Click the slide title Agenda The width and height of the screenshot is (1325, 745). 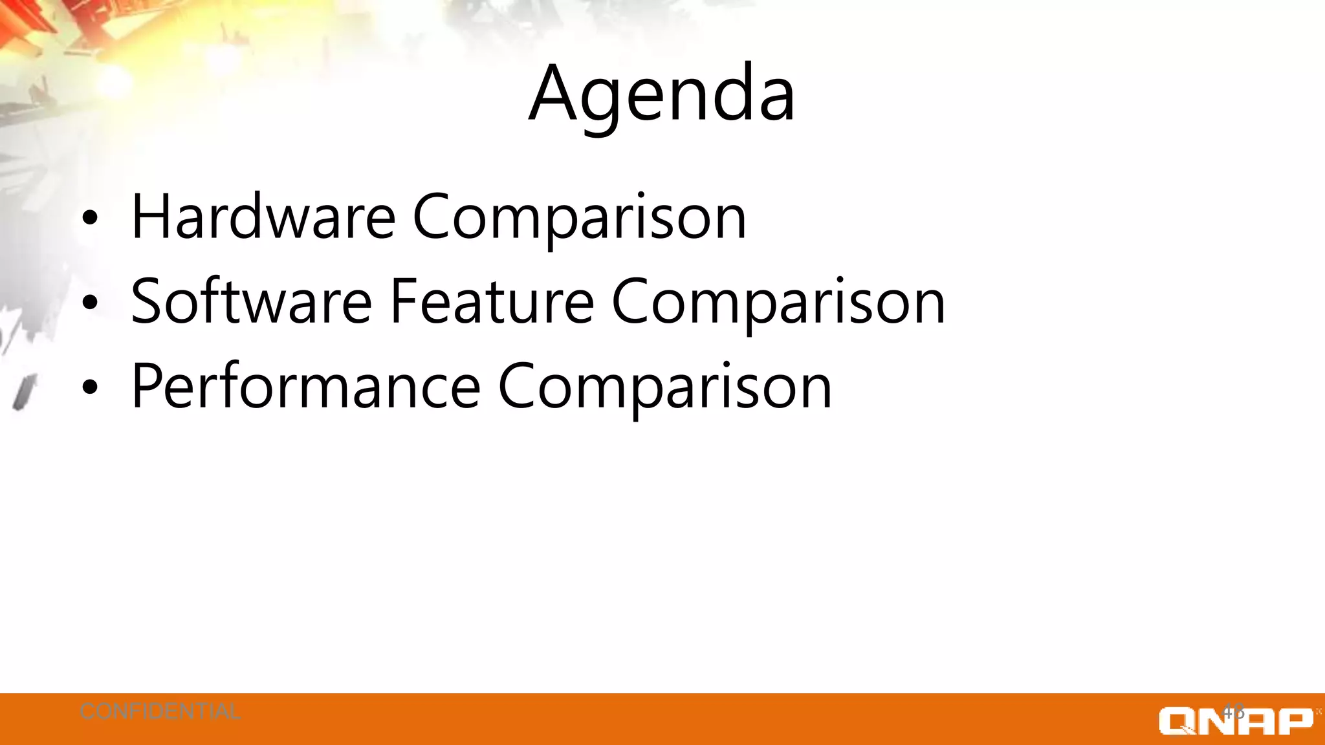click(x=661, y=96)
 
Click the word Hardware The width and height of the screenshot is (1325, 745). click(x=263, y=217)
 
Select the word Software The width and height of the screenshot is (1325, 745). click(x=251, y=301)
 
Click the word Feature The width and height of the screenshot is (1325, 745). click(x=492, y=301)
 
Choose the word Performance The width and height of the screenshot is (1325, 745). click(x=305, y=387)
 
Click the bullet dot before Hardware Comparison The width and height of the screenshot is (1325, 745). click(x=90, y=219)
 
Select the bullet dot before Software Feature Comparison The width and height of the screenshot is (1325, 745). click(x=90, y=303)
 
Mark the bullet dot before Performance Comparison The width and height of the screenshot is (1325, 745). click(x=90, y=387)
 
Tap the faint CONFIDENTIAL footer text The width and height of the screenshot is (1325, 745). click(x=160, y=712)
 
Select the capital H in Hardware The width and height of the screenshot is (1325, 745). click(x=150, y=217)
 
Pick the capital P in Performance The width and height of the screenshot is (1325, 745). click(x=147, y=387)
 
